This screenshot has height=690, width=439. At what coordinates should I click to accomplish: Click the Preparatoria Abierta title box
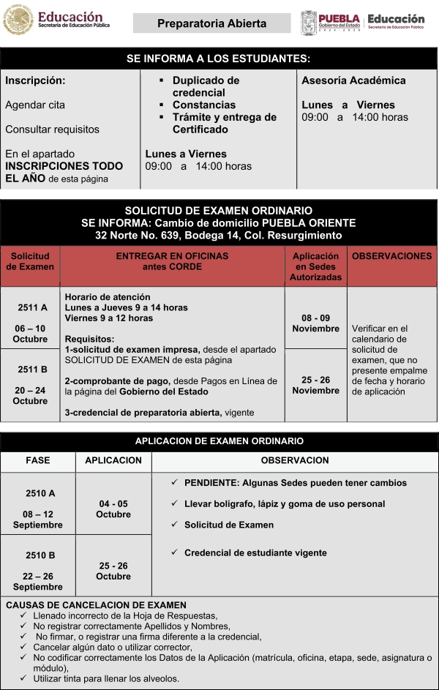211,23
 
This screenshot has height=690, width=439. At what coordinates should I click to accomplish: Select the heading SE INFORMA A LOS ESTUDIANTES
219,59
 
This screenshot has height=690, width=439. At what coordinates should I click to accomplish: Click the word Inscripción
35,80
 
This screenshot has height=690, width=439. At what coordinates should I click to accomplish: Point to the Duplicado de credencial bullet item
206,86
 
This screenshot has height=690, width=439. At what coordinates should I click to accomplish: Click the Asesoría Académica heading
353,80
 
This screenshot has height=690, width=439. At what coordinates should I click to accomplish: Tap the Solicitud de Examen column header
30,261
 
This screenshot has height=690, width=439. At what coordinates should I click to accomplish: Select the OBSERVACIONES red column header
391,256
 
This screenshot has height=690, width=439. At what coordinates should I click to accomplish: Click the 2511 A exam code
32,307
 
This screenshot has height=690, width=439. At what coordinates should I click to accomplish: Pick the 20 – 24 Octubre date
30,395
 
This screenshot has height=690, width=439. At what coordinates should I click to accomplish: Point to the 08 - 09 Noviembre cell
315,323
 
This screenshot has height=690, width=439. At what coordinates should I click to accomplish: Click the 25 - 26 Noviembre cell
315,385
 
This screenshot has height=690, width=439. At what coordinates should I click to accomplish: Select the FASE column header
38,461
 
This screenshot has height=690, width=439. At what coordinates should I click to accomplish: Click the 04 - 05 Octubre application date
113,509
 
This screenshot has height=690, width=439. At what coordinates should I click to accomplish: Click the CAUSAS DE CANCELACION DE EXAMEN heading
96,605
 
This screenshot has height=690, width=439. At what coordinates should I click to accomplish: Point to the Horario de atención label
108,297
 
